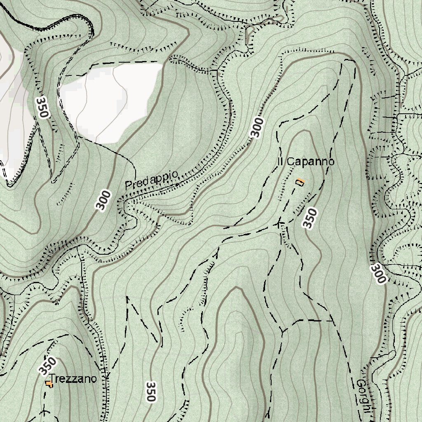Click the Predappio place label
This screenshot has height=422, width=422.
click(152, 180)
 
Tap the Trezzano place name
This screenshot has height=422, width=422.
click(73, 379)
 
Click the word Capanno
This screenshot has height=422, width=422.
click(310, 162)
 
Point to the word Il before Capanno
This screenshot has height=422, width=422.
click(280, 162)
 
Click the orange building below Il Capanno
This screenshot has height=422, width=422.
click(300, 182)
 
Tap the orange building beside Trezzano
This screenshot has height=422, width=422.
click(49, 384)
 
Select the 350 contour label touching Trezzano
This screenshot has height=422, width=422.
click(47, 366)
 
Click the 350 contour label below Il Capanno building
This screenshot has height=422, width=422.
click(310, 218)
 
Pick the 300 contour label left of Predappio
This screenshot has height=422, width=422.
click(104, 200)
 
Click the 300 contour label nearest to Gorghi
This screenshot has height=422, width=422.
click(378, 274)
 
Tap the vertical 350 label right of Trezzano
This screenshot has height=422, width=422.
click(151, 392)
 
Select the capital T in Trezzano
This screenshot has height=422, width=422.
click(52, 379)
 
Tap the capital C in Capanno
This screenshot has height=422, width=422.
click(290, 162)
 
